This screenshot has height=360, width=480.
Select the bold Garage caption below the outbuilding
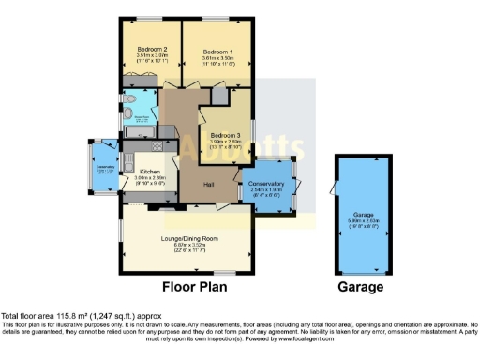click(361, 287)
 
